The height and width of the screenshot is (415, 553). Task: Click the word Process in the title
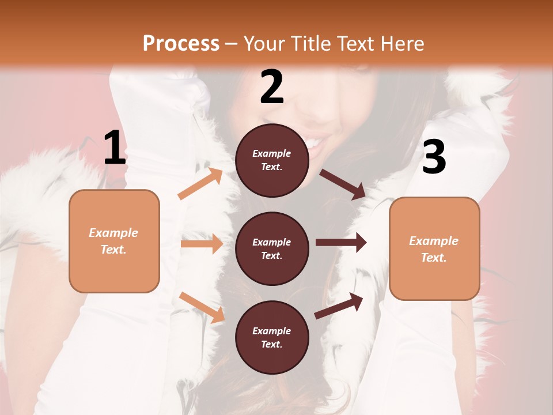181,44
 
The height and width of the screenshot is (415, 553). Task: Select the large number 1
115,148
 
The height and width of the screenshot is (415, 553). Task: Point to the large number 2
272,88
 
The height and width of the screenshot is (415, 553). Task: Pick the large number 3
434,157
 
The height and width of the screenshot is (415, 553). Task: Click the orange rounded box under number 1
114,241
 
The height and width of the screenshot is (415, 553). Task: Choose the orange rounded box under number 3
434,248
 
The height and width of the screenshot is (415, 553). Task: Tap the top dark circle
272,160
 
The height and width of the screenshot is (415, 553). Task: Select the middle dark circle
272,248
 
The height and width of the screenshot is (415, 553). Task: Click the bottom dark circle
272,337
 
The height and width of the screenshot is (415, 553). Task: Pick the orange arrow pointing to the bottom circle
202,307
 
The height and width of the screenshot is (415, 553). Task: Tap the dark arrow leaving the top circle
343,184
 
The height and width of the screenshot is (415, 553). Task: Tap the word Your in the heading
264,44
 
